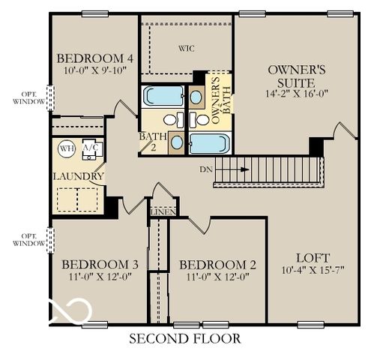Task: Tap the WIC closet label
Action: (186, 49)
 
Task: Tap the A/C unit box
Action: (91, 147)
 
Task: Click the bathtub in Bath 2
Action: (163, 96)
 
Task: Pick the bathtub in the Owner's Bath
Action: (209, 142)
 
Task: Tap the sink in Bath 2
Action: (177, 141)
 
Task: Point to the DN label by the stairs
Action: (207, 169)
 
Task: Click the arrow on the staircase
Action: (240, 169)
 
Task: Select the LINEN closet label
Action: (163, 212)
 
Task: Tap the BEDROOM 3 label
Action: (100, 265)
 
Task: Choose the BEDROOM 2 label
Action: (219, 265)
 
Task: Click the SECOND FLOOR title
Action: (185, 339)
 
